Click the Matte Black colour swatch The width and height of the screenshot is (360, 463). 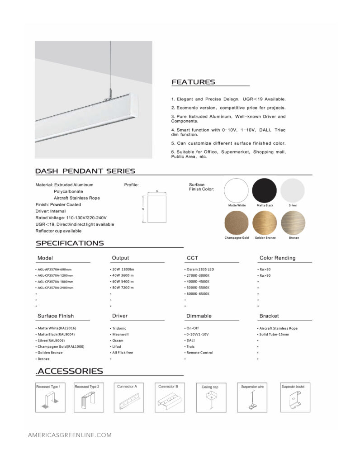tap(265, 190)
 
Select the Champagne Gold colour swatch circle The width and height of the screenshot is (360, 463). tap(237, 222)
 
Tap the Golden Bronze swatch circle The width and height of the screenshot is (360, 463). tap(265, 222)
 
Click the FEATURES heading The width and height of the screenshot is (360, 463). tap(193, 82)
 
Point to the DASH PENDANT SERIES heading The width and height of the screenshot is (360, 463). tap(85, 171)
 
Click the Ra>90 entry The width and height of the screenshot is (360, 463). tap(265, 275)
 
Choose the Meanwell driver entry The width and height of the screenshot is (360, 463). tap(121, 335)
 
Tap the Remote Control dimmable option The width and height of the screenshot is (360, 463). tap(200, 353)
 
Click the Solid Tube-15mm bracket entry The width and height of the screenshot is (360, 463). tap(274, 335)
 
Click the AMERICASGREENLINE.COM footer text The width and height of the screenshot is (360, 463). tap(70, 435)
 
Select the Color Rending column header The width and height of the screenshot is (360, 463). tap(277, 258)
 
